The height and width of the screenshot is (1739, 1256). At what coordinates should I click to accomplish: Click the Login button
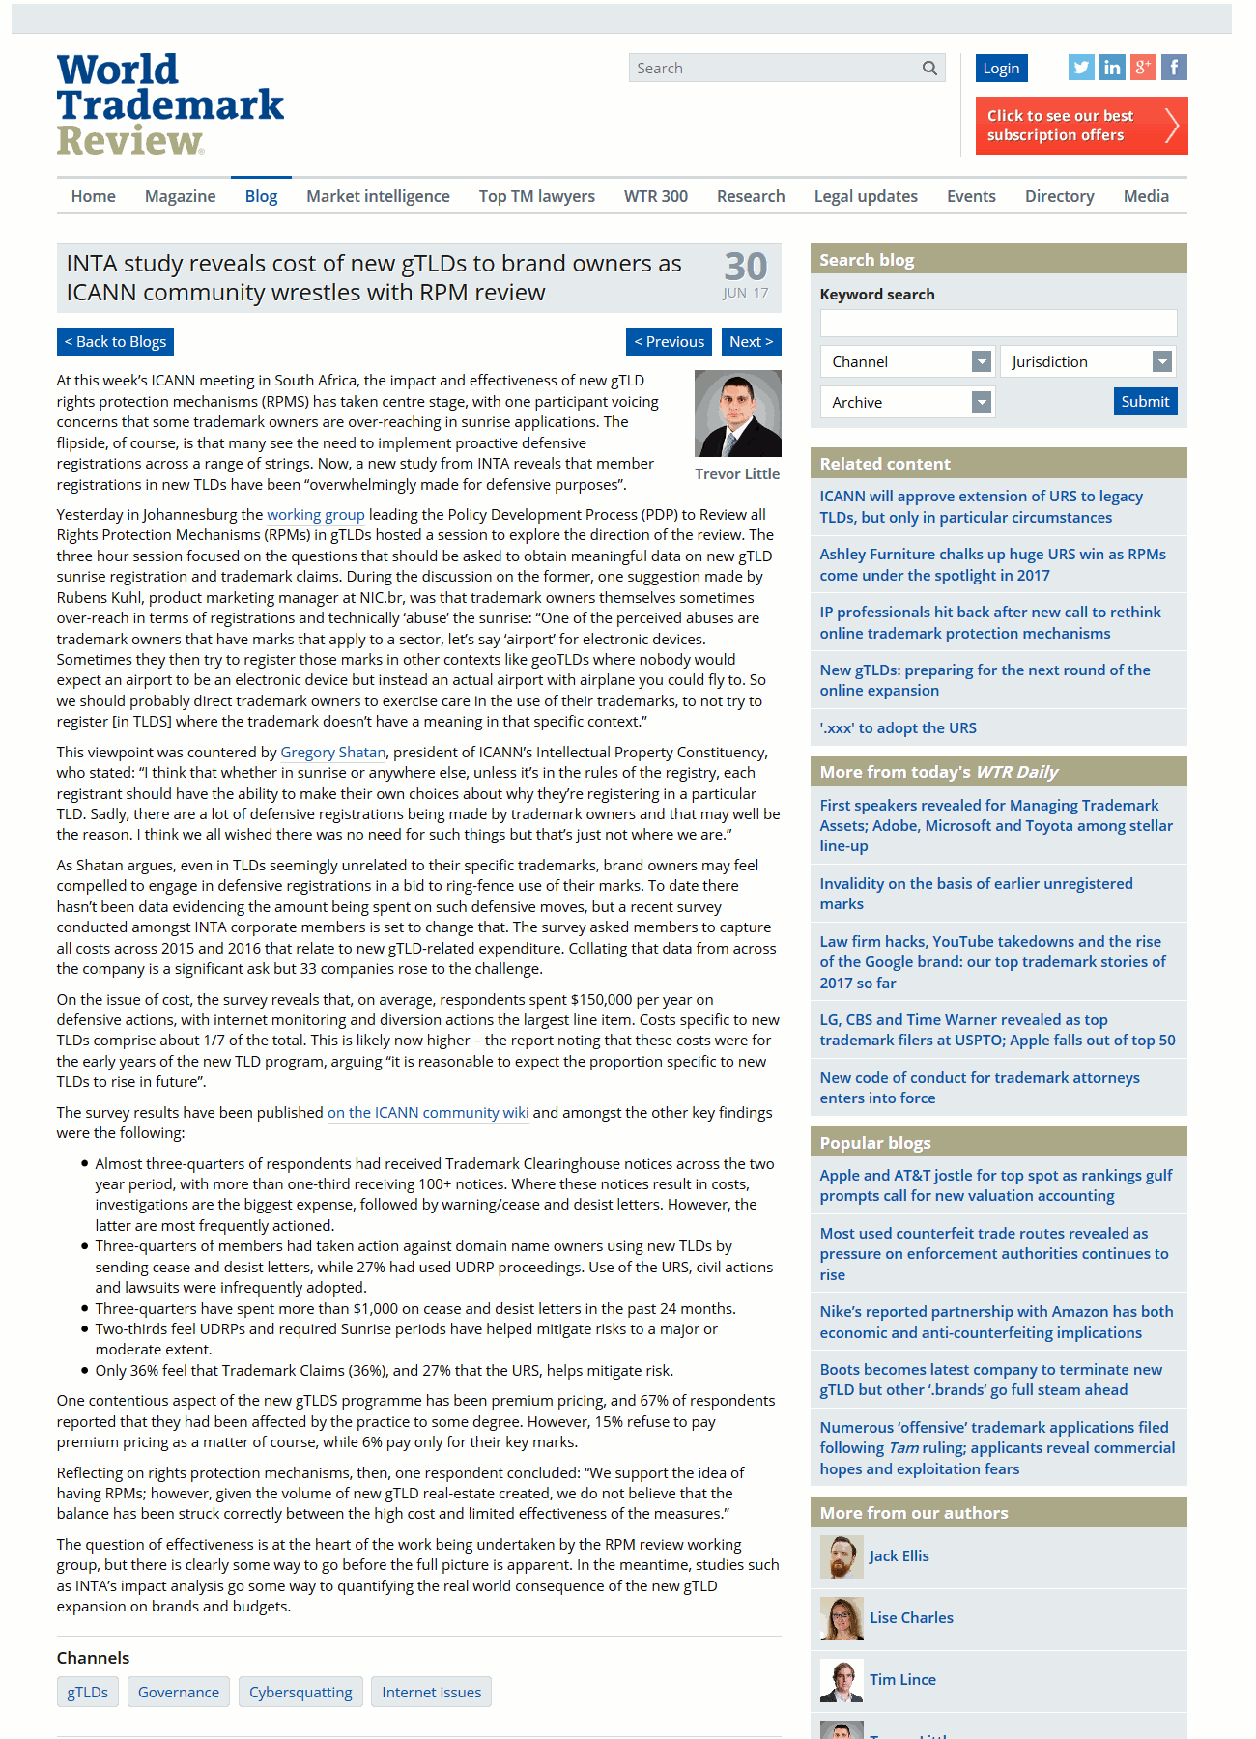pyautogui.click(x=1001, y=68)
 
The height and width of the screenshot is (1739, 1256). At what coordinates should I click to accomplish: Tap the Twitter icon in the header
pyautogui.click(x=1081, y=68)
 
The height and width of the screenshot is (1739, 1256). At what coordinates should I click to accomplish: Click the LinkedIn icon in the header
pyautogui.click(x=1112, y=68)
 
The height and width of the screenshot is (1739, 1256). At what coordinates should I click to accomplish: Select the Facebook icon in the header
pyautogui.click(x=1174, y=68)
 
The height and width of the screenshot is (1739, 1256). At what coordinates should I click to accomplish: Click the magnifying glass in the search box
pyautogui.click(x=929, y=68)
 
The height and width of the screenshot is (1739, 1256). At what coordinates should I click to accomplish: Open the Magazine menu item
pyautogui.click(x=180, y=196)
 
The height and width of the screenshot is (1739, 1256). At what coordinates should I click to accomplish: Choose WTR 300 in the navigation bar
pyautogui.click(x=655, y=196)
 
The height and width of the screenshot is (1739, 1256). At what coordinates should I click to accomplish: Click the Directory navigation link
pyautogui.click(x=1059, y=196)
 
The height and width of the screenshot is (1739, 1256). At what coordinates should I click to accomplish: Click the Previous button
pyautogui.click(x=669, y=342)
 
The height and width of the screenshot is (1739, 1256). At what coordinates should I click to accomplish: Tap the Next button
pyautogui.click(x=751, y=342)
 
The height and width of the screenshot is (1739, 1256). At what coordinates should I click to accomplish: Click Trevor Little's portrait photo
pyautogui.click(x=737, y=413)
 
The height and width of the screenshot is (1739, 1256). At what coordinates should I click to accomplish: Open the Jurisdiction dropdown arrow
pyautogui.click(x=1162, y=362)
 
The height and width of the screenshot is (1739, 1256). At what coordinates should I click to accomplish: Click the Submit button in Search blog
pyautogui.click(x=1145, y=402)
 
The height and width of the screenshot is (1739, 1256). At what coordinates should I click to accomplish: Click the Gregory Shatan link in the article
pyautogui.click(x=332, y=752)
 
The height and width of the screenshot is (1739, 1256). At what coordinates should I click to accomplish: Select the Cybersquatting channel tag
pyautogui.click(x=300, y=1692)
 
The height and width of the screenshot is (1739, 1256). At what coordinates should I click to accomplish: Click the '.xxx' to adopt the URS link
pyautogui.click(x=898, y=727)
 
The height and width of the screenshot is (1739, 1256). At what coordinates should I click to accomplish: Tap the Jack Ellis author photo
pyautogui.click(x=841, y=1556)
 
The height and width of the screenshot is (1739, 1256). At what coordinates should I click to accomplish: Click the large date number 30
pyautogui.click(x=746, y=267)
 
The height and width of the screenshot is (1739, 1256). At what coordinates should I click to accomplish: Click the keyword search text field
pyautogui.click(x=998, y=323)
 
